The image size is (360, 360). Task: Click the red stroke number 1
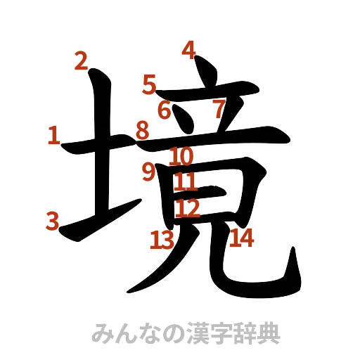(x=53, y=135)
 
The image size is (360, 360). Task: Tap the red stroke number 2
(x=82, y=62)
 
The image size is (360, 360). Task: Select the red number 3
(x=52, y=221)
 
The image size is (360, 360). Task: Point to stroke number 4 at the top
(x=189, y=51)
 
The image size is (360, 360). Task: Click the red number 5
(x=148, y=85)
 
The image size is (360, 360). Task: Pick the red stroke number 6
(x=165, y=110)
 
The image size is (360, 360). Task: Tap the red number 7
(x=219, y=109)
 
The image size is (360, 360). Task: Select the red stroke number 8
(x=143, y=129)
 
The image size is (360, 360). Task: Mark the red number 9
(x=148, y=172)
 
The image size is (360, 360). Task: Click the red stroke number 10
(x=181, y=156)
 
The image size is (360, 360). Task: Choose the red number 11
(x=186, y=183)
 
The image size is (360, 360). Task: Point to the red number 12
(x=188, y=208)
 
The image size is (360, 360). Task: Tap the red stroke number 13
(x=161, y=241)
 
